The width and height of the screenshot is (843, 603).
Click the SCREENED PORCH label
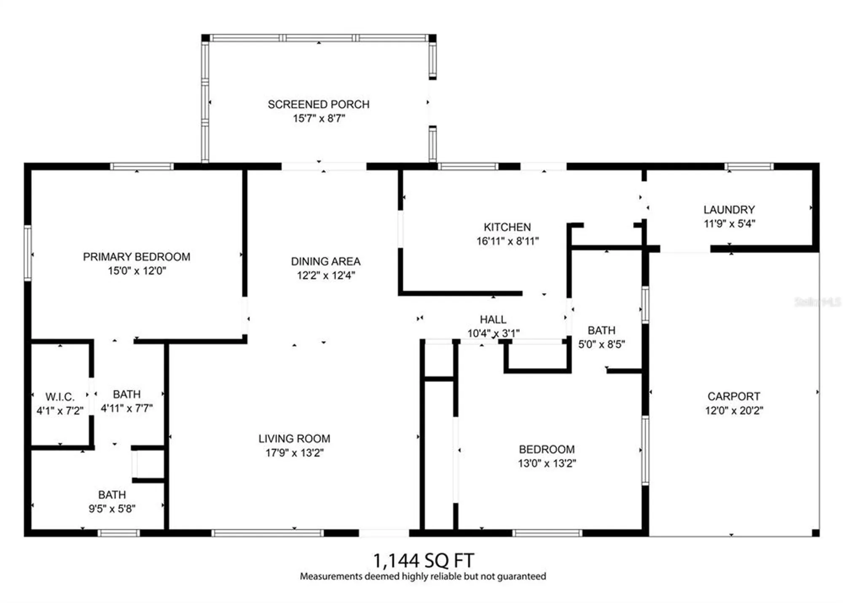[x=318, y=104]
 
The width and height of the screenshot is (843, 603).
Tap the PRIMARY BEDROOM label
[x=136, y=257]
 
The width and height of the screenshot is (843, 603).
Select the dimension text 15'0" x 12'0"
[x=137, y=271]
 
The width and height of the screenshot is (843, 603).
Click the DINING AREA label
[x=325, y=261]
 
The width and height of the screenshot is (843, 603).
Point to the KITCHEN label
[x=507, y=227]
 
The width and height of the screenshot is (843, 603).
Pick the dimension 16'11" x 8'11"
[x=507, y=241]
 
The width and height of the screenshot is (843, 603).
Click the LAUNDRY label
[x=729, y=210]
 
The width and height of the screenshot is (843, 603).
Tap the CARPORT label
[x=733, y=396]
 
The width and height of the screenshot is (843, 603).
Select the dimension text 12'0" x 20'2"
[x=734, y=411]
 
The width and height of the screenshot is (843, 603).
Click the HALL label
[x=493, y=320]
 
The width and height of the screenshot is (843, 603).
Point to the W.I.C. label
[x=60, y=397]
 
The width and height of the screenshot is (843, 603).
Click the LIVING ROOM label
[x=294, y=439]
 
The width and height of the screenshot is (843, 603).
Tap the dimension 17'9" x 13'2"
[x=294, y=453]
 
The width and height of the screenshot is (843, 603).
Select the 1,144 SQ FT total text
[x=423, y=560]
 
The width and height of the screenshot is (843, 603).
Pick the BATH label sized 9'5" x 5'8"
[x=112, y=495]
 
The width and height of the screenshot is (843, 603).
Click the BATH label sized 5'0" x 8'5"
[x=601, y=331]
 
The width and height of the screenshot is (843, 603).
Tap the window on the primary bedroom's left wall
[x=28, y=253]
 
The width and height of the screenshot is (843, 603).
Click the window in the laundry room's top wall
[x=749, y=167]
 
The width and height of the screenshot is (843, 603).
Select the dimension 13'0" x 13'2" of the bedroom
[x=547, y=464]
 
